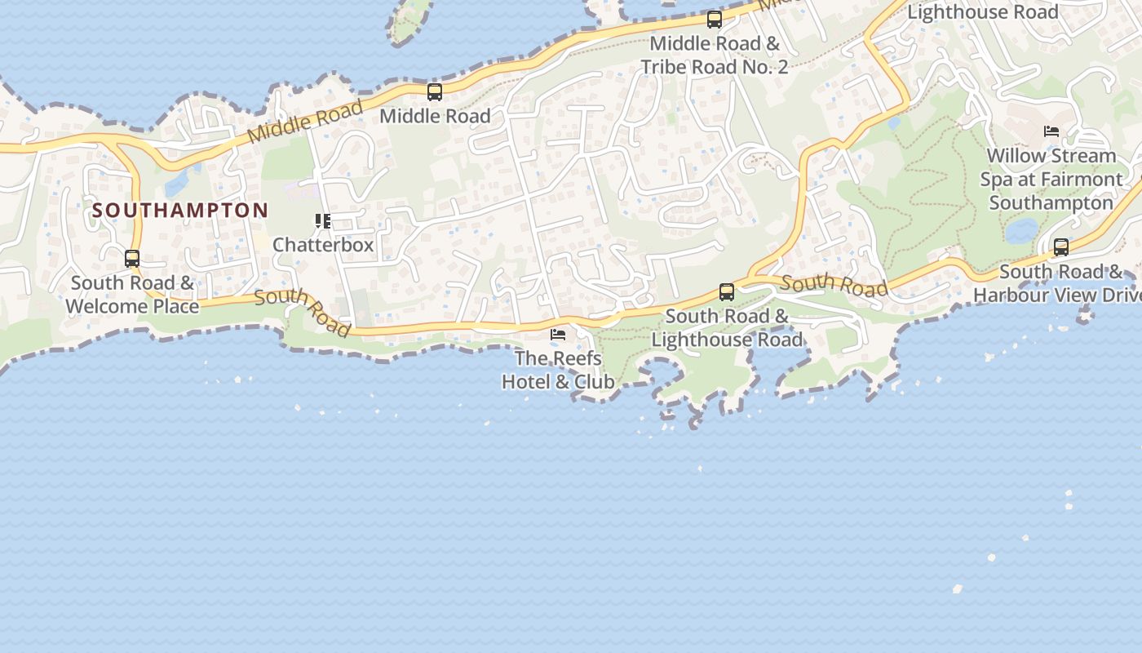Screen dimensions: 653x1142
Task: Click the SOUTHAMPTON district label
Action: (x=179, y=211)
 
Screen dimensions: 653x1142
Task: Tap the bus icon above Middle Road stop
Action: (x=435, y=92)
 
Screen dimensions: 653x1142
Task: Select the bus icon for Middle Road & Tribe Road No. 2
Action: (x=715, y=20)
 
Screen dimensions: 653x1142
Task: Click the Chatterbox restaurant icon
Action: (x=323, y=221)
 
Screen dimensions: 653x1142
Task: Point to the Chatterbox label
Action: (x=323, y=245)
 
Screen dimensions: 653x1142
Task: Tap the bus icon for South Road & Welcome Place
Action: (x=132, y=259)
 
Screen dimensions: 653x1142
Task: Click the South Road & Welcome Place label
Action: (x=132, y=295)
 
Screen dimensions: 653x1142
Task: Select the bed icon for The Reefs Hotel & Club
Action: (x=558, y=335)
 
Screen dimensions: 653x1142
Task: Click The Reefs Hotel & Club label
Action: (x=558, y=370)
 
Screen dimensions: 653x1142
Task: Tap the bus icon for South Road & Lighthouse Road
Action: (x=727, y=292)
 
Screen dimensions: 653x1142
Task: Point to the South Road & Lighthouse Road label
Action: (x=727, y=327)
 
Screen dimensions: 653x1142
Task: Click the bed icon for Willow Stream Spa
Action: (x=1051, y=131)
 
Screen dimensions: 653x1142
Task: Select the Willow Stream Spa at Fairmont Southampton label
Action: (x=1051, y=179)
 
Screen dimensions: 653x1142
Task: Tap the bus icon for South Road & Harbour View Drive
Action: (x=1061, y=247)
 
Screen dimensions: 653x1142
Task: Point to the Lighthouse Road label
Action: (x=982, y=12)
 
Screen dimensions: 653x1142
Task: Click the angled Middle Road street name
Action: (x=305, y=122)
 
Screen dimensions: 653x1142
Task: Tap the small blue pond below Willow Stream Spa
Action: (x=1021, y=231)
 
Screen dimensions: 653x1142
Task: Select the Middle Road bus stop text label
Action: (x=435, y=116)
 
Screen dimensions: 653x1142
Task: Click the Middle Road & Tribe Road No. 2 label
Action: (x=715, y=55)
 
